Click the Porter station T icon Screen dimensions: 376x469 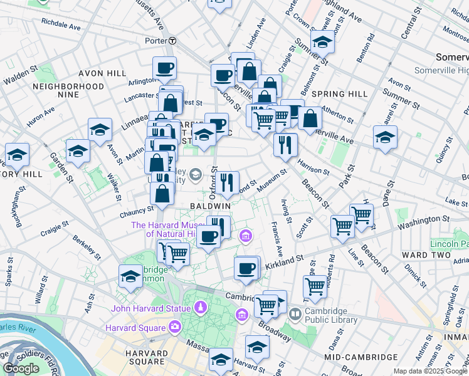(x=172, y=41)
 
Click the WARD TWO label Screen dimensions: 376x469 (x=424, y=255)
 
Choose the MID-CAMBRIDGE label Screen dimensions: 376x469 (x=361, y=357)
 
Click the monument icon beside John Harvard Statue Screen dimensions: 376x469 (x=200, y=308)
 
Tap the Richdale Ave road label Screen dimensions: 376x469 (x=61, y=28)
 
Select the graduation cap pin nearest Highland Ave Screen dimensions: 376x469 (x=322, y=43)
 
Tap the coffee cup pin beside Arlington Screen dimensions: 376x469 (x=164, y=69)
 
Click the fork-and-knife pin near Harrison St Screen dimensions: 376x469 (x=285, y=144)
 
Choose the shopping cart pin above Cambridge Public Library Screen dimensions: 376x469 (x=315, y=286)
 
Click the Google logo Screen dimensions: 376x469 (x=21, y=368)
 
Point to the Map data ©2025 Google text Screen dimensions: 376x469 (x=429, y=371)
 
